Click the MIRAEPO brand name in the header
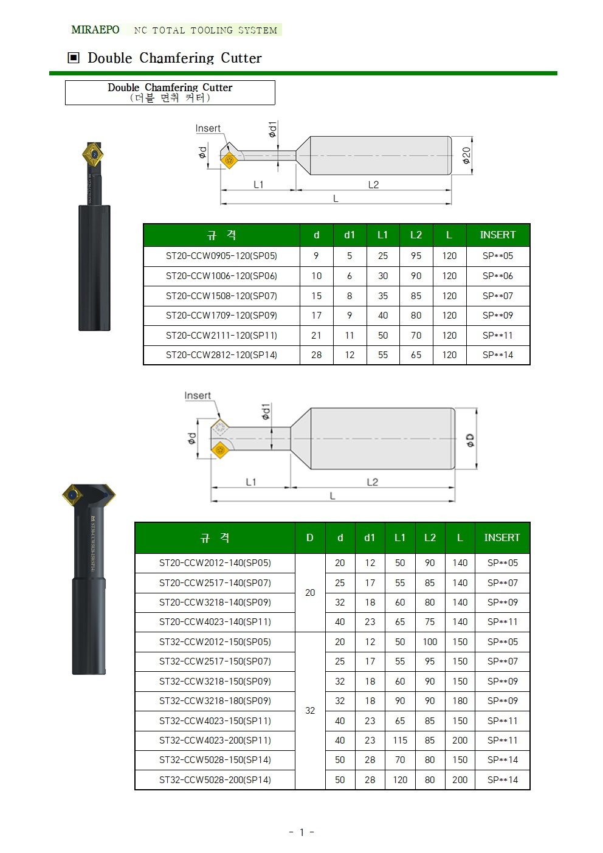(95, 30)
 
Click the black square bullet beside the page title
(74, 58)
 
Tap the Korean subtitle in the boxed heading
(170, 98)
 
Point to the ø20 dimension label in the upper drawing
(466, 156)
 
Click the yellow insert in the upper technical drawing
(229, 161)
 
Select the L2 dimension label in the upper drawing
(373, 185)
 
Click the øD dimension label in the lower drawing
(470, 440)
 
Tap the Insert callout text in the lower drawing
(197, 396)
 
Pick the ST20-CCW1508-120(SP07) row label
(221, 296)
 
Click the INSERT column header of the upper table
(498, 235)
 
